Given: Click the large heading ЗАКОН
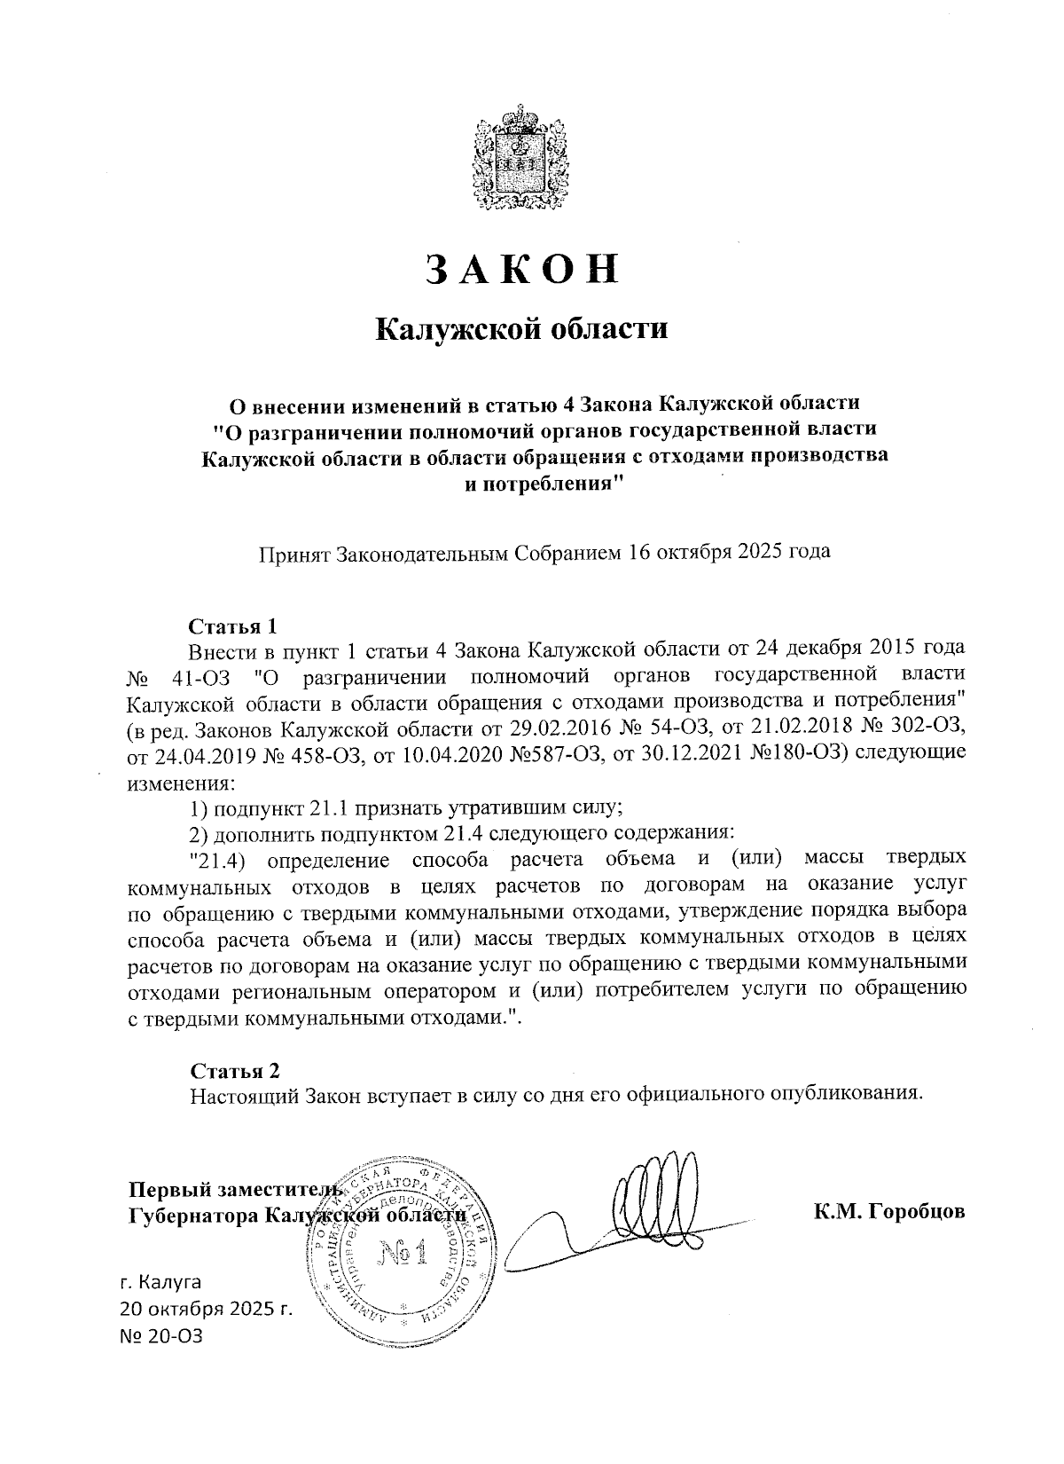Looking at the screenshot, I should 521,269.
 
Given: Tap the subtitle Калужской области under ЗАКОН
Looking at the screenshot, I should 521,329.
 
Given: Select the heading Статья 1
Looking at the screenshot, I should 234,626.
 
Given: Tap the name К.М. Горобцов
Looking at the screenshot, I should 889,1212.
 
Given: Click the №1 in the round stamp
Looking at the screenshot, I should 403,1254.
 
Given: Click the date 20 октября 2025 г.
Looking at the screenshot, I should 206,1308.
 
